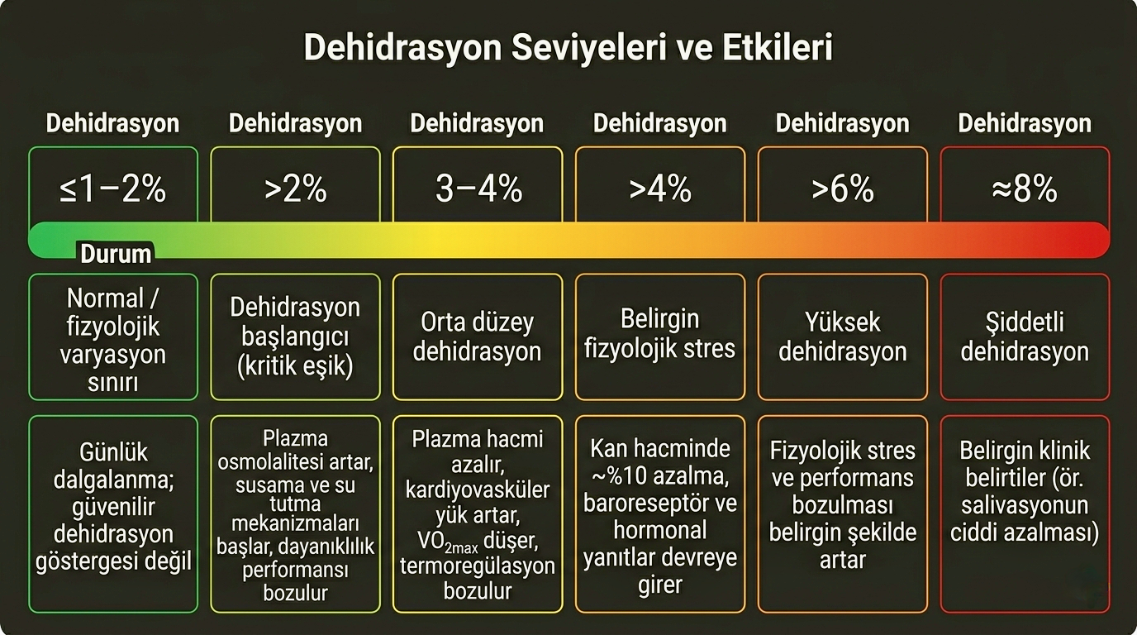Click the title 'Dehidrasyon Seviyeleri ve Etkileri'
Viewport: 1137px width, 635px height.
click(568, 49)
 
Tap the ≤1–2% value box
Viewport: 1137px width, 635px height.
click(113, 189)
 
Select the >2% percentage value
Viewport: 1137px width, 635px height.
click(295, 189)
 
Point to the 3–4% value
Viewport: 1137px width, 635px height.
click(478, 189)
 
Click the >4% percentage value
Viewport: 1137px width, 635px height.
click(660, 189)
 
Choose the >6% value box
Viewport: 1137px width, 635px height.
click(842, 189)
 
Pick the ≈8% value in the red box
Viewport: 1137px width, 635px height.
click(1025, 189)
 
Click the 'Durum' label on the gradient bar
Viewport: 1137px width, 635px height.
click(116, 253)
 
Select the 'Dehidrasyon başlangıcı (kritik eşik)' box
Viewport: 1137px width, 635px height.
click(295, 337)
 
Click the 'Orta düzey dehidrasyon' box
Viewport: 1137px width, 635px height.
click(478, 337)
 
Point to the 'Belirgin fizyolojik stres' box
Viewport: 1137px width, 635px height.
click(660, 337)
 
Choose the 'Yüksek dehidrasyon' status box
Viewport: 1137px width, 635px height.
click(842, 337)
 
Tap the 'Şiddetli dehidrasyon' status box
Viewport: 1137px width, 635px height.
click(1025, 337)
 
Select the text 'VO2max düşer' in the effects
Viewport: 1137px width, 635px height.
click(478, 542)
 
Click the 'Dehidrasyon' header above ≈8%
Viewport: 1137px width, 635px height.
click(1025, 124)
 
